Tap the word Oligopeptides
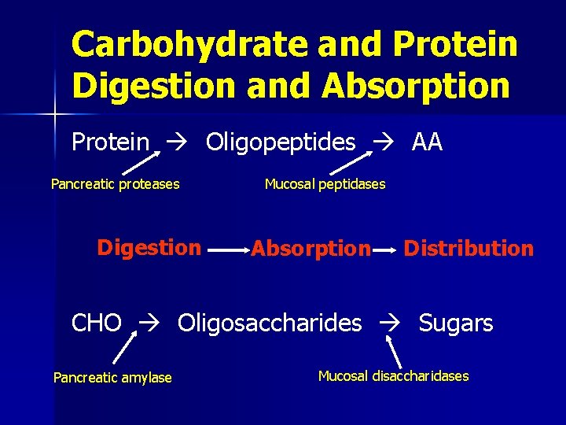coord(281,142)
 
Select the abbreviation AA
coord(427,142)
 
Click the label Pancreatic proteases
coord(115,184)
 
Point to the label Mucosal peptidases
coord(325,184)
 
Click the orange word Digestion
coord(149,248)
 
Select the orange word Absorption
coord(311,249)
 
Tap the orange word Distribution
coord(468,249)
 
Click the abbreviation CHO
coord(97,323)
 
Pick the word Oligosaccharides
coord(270,323)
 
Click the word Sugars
coord(456,323)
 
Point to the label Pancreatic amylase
coord(112,378)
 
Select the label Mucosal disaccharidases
coord(393,376)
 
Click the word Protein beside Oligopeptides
coord(110,142)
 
